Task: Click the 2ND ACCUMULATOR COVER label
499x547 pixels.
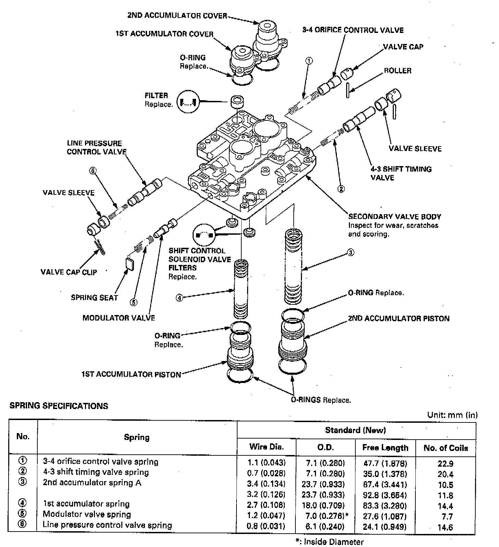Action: coord(177,16)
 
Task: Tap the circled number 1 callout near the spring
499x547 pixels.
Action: coord(309,61)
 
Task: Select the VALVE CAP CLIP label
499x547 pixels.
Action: coord(69,272)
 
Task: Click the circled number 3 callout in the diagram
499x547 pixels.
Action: coord(351,253)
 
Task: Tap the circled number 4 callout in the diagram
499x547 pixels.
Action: coord(179,298)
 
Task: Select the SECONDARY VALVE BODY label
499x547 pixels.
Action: coord(394,217)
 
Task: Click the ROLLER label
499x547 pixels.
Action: coord(398,71)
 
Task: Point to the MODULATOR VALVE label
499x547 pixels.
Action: coord(119,318)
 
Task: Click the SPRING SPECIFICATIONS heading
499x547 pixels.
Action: coord(59,406)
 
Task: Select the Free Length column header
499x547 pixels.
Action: coord(385,448)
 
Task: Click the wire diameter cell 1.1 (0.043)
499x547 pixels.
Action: coord(266,463)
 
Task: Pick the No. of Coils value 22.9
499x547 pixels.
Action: coord(445,464)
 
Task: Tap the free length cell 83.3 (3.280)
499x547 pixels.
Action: coord(385,506)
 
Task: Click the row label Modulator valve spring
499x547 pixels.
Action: coord(87,514)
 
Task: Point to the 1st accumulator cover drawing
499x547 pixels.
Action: coord(241,60)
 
